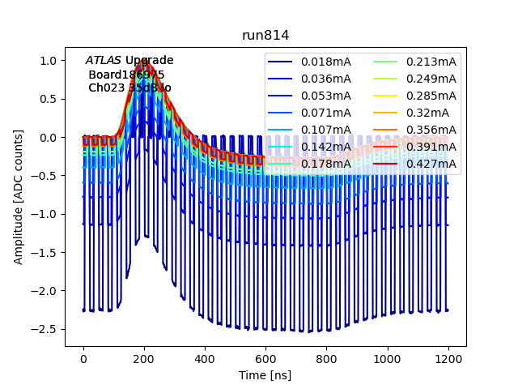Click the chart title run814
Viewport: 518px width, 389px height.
[265, 36]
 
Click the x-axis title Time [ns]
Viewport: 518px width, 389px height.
[265, 375]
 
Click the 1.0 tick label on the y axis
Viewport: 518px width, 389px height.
[50, 61]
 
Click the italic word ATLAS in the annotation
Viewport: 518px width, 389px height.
[104, 60]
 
